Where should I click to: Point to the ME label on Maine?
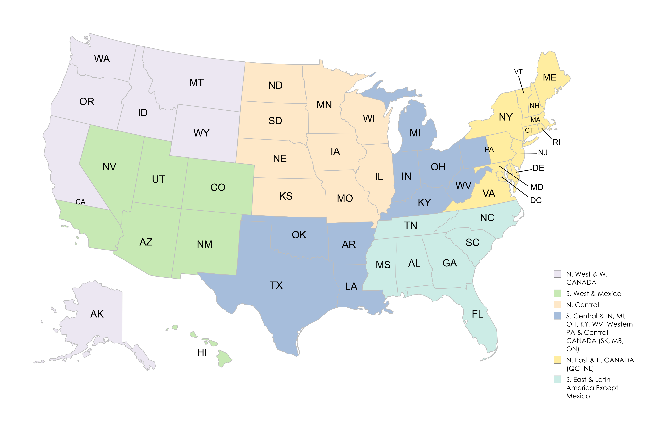[x=549, y=78]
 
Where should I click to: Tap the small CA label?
[x=80, y=202]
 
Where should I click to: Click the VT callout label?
[x=518, y=72]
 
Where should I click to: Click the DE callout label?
[x=538, y=168]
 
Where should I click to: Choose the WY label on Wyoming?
[x=201, y=133]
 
